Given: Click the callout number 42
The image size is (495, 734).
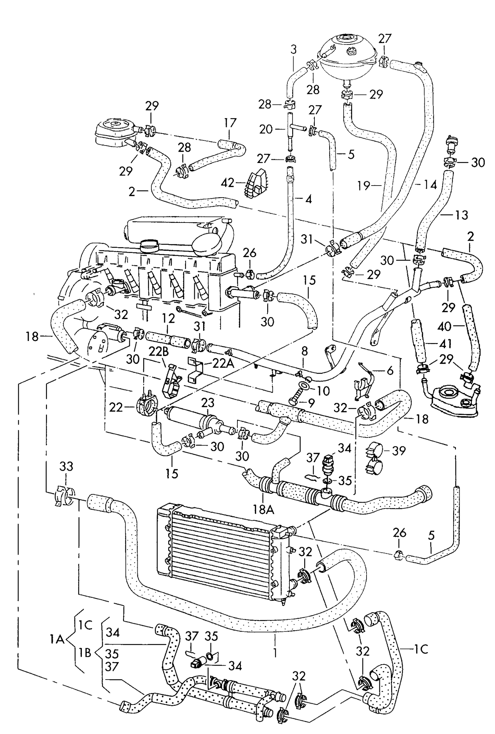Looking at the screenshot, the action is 227,183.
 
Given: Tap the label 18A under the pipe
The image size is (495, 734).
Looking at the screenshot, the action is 263,510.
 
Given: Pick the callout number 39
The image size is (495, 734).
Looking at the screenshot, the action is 399,451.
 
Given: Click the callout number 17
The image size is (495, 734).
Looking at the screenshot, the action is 230,123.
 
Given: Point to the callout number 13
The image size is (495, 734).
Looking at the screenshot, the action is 461,215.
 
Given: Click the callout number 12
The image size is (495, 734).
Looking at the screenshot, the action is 169,318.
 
